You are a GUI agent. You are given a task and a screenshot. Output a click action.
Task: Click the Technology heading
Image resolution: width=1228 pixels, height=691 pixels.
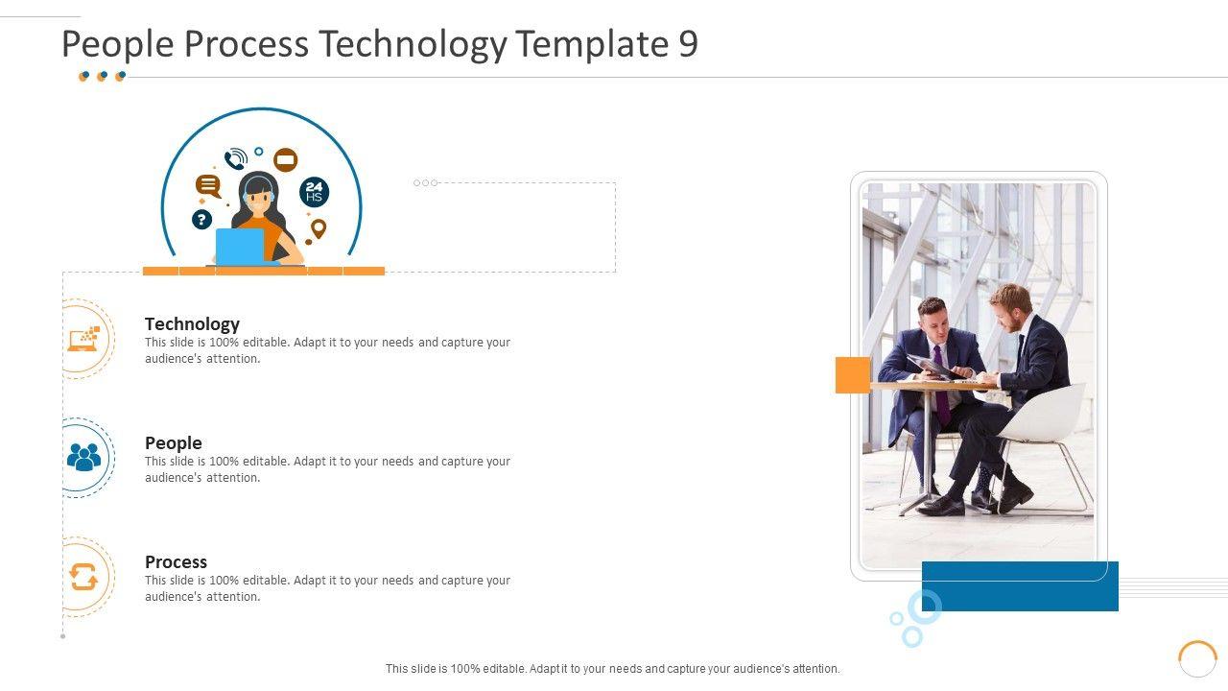point(193,324)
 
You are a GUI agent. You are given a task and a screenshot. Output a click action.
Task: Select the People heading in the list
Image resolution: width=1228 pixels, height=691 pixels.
point(174,443)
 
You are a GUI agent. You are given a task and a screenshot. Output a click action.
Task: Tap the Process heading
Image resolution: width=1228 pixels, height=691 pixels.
point(176,562)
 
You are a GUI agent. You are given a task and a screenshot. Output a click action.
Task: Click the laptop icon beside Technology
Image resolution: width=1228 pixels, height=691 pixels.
point(83,339)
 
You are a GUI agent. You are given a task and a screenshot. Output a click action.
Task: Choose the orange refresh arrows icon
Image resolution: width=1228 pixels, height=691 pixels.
point(83,577)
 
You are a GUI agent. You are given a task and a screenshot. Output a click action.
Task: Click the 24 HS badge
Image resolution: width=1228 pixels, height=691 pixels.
point(314,192)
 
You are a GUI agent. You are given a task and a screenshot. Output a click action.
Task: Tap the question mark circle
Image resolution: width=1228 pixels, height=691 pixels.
point(201,220)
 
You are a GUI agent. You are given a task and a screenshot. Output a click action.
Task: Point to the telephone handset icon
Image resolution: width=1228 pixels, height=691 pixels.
point(236,158)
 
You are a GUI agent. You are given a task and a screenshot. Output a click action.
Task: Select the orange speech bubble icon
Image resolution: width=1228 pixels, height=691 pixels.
point(208,186)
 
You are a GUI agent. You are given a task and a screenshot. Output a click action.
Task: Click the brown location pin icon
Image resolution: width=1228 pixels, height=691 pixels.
point(318,228)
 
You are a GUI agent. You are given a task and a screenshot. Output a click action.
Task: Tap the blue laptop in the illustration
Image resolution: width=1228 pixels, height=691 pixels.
point(240,247)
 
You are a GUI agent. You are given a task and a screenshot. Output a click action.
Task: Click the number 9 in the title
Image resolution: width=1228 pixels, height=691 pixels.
point(688,43)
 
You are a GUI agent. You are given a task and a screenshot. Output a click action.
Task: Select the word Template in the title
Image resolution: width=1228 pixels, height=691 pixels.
point(592,44)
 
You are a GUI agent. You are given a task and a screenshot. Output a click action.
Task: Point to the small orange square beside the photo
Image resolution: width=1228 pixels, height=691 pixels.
point(853,375)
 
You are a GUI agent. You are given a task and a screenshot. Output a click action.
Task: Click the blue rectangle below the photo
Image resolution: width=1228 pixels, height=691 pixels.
point(1020,586)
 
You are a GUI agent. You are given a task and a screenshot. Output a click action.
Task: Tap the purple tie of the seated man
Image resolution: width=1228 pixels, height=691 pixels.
point(941,387)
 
